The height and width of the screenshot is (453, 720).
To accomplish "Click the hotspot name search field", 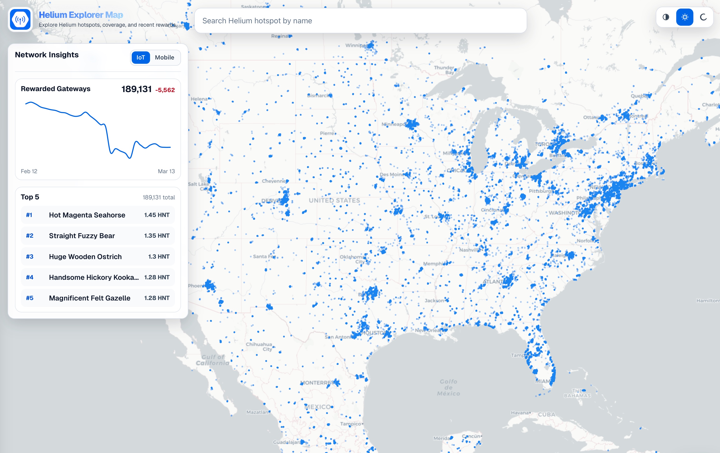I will (x=360, y=21).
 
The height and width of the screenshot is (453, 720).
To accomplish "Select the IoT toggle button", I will (x=141, y=57).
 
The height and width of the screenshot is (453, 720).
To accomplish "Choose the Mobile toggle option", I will (x=165, y=57).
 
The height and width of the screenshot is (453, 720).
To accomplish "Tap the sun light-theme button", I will (x=684, y=17).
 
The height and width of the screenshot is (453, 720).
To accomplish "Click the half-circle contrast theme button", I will (x=666, y=17).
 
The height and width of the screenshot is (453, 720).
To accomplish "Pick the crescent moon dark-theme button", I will (x=703, y=17).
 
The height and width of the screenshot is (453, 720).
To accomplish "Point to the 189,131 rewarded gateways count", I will (x=136, y=89).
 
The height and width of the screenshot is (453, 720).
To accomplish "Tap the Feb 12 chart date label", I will (x=29, y=171).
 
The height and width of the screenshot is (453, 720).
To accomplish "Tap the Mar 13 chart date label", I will (x=166, y=171).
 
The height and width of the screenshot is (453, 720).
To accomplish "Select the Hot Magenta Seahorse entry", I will (x=87, y=215).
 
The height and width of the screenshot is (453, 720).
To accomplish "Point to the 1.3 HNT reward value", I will (x=159, y=256).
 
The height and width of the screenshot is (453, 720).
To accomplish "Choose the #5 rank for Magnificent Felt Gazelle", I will (x=29, y=298).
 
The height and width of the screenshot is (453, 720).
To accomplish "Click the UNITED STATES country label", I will (x=334, y=201).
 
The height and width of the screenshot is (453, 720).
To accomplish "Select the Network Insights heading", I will (x=47, y=55).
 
